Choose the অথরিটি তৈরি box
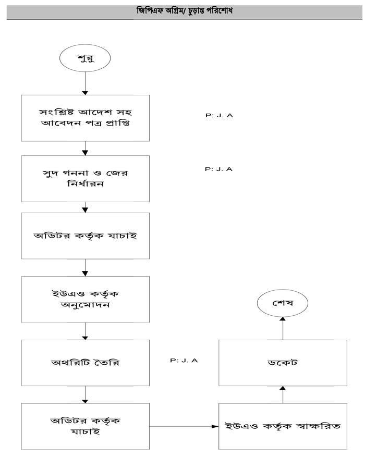(x=86, y=362)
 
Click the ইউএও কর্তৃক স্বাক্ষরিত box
(x=283, y=426)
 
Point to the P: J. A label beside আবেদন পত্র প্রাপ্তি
(x=219, y=115)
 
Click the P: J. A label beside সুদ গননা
(x=219, y=169)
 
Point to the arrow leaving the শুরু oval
(x=86, y=83)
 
